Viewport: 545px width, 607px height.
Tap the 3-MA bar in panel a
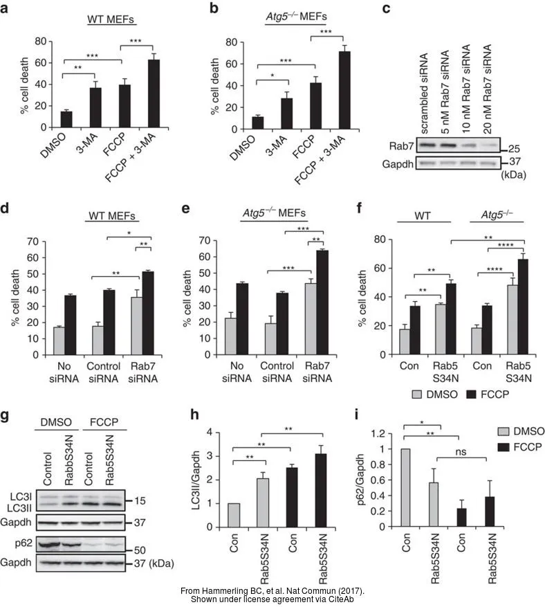(x=95, y=108)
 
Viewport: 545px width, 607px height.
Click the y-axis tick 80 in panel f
(x=374, y=239)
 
